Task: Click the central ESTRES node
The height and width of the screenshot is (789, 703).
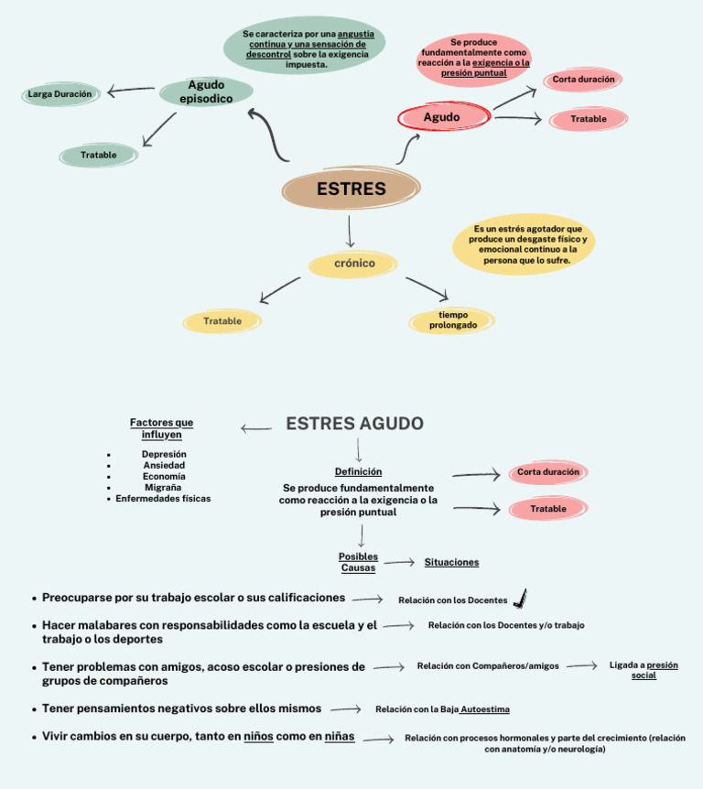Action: tap(351, 189)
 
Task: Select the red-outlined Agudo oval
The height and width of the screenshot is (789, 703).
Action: tap(443, 117)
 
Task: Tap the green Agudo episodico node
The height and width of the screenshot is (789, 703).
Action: tap(207, 92)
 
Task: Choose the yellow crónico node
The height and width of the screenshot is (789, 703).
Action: tap(353, 264)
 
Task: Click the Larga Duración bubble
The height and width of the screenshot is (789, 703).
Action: tap(60, 94)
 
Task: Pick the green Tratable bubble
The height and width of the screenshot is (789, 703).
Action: tap(99, 156)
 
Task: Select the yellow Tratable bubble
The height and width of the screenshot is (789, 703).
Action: tap(222, 321)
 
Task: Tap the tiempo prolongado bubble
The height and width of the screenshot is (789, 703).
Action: tap(452, 320)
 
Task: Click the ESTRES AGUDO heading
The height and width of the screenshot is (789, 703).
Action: tap(354, 424)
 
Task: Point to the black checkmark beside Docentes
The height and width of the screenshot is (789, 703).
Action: tap(520, 599)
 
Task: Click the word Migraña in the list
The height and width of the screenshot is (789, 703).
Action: tap(163, 487)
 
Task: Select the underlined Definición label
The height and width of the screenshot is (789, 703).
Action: tap(358, 471)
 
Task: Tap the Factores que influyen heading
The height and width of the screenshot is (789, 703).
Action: tap(162, 428)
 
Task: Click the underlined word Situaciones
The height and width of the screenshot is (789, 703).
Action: tap(451, 562)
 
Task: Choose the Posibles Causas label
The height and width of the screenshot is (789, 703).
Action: tap(358, 562)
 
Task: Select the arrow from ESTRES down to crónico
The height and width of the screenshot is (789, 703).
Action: tap(350, 232)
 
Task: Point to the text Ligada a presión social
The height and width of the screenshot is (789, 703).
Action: tap(644, 670)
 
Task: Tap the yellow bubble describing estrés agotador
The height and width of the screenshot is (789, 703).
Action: tap(525, 244)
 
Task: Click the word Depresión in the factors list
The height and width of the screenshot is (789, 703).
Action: tap(164, 454)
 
